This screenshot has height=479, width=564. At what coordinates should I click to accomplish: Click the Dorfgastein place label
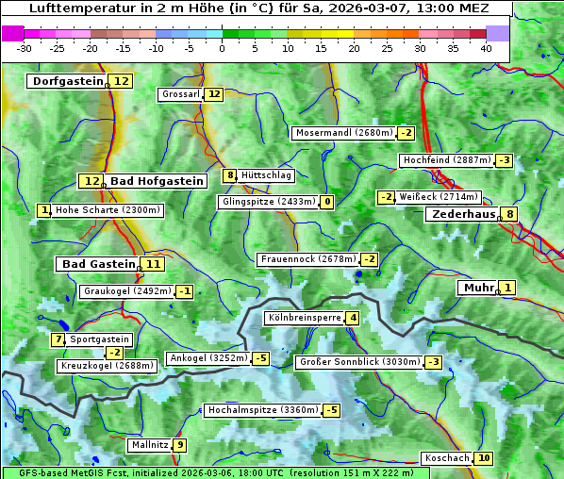[x=68, y=81]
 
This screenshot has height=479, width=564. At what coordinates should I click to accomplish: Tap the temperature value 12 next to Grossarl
[x=214, y=94]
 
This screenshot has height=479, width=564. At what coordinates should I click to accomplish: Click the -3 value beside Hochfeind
[x=505, y=160]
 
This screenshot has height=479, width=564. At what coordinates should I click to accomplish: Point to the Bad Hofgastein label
[x=156, y=180]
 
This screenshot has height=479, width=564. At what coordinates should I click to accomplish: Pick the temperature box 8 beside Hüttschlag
[x=229, y=175]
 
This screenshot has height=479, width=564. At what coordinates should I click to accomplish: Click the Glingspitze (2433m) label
[x=269, y=202]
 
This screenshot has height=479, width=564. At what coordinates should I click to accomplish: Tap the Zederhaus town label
[x=463, y=214]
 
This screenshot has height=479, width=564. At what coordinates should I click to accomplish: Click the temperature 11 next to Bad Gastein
[x=152, y=264]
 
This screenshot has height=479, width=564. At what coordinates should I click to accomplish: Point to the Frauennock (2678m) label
[x=307, y=259]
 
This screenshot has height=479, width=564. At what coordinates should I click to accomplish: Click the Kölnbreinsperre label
[x=304, y=319]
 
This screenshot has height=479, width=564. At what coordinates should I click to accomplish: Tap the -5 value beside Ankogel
[x=260, y=358]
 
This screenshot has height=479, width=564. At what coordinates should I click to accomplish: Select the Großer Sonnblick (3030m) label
[x=358, y=362]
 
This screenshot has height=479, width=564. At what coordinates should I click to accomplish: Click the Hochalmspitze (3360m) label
[x=263, y=410]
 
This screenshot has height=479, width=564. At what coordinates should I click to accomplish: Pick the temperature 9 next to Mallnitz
[x=179, y=445]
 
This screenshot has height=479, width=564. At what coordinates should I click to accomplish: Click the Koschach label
[x=447, y=458]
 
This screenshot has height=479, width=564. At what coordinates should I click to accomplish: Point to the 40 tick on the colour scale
[x=486, y=48]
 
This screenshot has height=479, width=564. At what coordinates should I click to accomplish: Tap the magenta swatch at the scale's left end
[x=13, y=33]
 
